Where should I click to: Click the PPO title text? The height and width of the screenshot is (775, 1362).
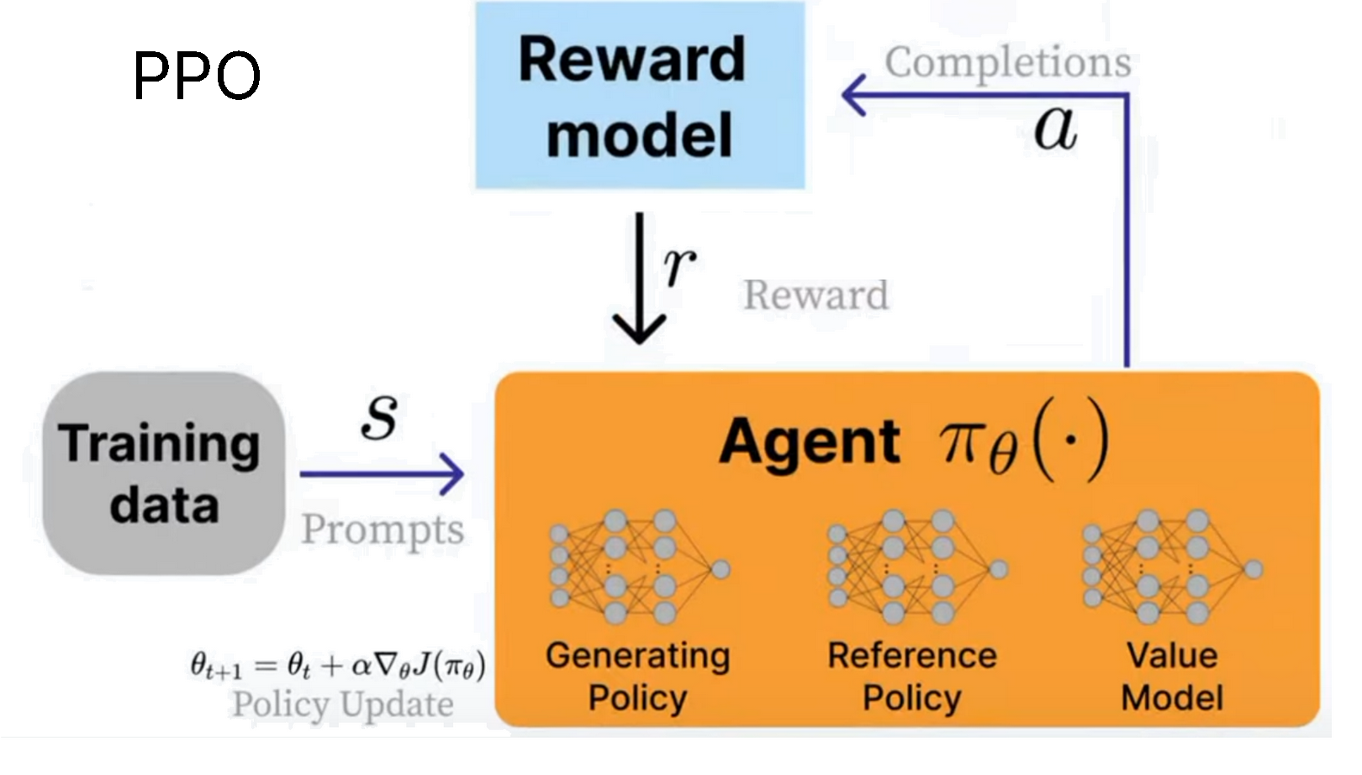pos(197,76)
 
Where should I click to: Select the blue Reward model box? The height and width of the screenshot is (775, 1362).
pos(640,96)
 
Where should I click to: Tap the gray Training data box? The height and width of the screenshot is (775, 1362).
pos(163,473)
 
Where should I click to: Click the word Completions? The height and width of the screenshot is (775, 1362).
pos(1007,62)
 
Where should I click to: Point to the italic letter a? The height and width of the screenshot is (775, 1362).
pos(1055,129)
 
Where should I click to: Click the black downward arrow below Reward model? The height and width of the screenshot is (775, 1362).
pos(639,277)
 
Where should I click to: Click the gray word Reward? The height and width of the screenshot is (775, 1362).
pos(816,295)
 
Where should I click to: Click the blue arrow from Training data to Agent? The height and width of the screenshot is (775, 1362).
pos(383,474)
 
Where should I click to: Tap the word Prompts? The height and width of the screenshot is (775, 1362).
pos(383,530)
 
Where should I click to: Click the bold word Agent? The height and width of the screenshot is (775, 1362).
pos(809,441)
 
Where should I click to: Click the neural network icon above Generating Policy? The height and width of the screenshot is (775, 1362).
pos(638,567)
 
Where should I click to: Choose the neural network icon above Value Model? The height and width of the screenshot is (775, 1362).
pos(1171,567)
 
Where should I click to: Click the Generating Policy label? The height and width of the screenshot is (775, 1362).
pos(638,677)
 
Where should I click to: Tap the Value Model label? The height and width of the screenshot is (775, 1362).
pos(1172,677)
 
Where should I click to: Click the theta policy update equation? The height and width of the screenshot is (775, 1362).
pos(337,667)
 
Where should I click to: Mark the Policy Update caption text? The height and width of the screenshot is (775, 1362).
pos(342,704)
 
